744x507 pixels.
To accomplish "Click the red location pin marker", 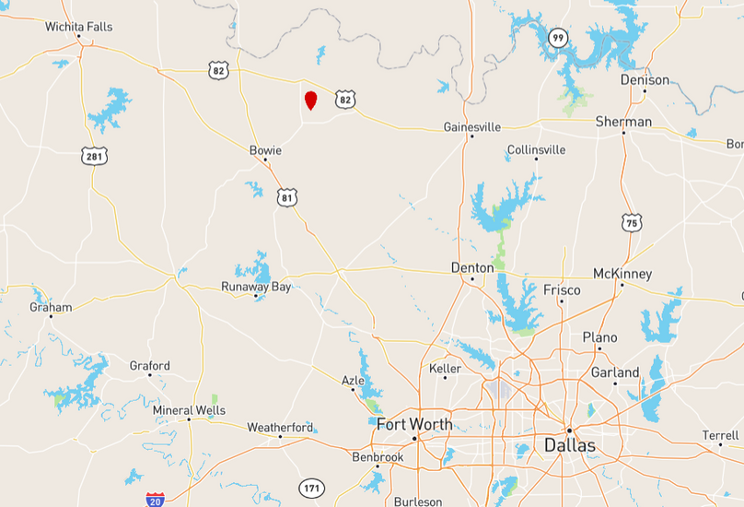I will coord(311,100).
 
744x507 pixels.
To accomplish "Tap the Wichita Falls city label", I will coord(79,27).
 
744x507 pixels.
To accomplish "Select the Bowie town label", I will coord(265,149).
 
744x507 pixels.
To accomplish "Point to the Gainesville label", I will coord(471,126).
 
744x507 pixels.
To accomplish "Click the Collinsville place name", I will coord(536,149).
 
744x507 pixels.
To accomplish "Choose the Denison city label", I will coord(645,80).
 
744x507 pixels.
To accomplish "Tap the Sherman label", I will coord(623,122).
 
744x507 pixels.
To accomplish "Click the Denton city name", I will coord(472,267).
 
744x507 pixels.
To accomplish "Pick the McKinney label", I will coord(622,274).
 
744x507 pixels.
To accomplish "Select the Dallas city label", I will coord(569,445).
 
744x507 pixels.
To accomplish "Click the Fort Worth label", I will coord(414,424).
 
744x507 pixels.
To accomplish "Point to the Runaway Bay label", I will coord(256,287).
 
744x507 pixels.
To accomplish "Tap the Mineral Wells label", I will coord(189,410).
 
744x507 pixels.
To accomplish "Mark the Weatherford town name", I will coord(280,427).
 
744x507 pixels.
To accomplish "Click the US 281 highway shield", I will coord(94,156).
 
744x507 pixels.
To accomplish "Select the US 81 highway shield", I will coord(288,196).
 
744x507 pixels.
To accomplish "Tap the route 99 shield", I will coord(557,38).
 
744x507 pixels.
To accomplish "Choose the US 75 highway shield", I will coord(631,222).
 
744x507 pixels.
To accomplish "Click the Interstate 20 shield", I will coord(155,499).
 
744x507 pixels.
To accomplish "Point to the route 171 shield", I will coord(311,486).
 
